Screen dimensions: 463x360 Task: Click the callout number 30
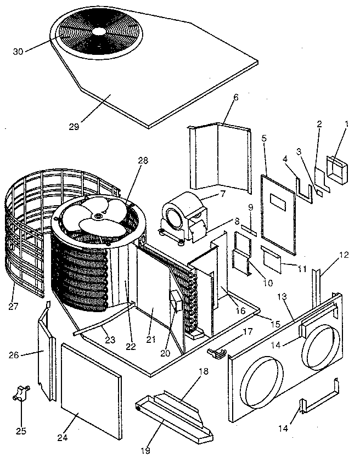click(18, 52)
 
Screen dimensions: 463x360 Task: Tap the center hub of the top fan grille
click(99, 31)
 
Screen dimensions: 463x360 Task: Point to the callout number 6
click(236, 97)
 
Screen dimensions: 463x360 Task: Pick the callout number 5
click(265, 138)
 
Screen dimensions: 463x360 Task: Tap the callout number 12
click(344, 255)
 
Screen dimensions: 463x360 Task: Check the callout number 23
click(110, 341)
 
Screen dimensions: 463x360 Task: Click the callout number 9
click(250, 209)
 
